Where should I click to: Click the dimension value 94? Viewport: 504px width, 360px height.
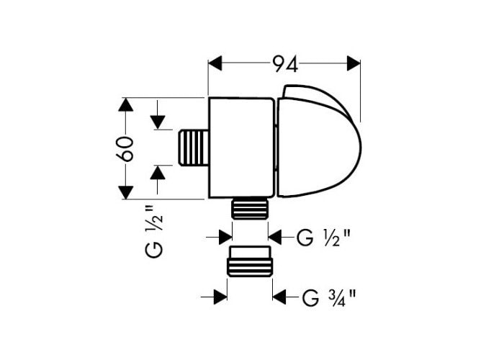pos(285,63)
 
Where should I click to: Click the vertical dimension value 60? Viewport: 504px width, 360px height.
pos(124,148)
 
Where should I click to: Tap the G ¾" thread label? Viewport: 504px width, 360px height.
pos(329,297)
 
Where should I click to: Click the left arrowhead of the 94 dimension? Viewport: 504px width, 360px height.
pos(215,63)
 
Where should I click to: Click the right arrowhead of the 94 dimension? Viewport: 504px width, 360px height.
pos(354,63)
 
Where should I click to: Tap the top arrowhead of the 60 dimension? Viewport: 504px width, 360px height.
pos(126,105)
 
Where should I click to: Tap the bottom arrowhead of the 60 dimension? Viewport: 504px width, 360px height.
pos(126,192)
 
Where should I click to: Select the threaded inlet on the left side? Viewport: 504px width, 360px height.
pos(194,148)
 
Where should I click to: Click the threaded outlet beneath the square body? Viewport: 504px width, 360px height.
pos(250,208)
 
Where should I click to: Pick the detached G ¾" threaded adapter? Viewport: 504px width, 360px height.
pos(250,261)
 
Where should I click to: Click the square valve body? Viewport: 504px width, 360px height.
pos(241,148)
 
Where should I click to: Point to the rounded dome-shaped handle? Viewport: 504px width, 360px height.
pos(319,141)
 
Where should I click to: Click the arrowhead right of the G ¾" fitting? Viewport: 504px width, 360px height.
pos(279,297)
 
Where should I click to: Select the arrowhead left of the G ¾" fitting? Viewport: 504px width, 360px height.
pos(220,297)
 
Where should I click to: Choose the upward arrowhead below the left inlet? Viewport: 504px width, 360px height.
pos(158,173)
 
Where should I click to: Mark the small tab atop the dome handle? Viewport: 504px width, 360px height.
pos(289,91)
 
